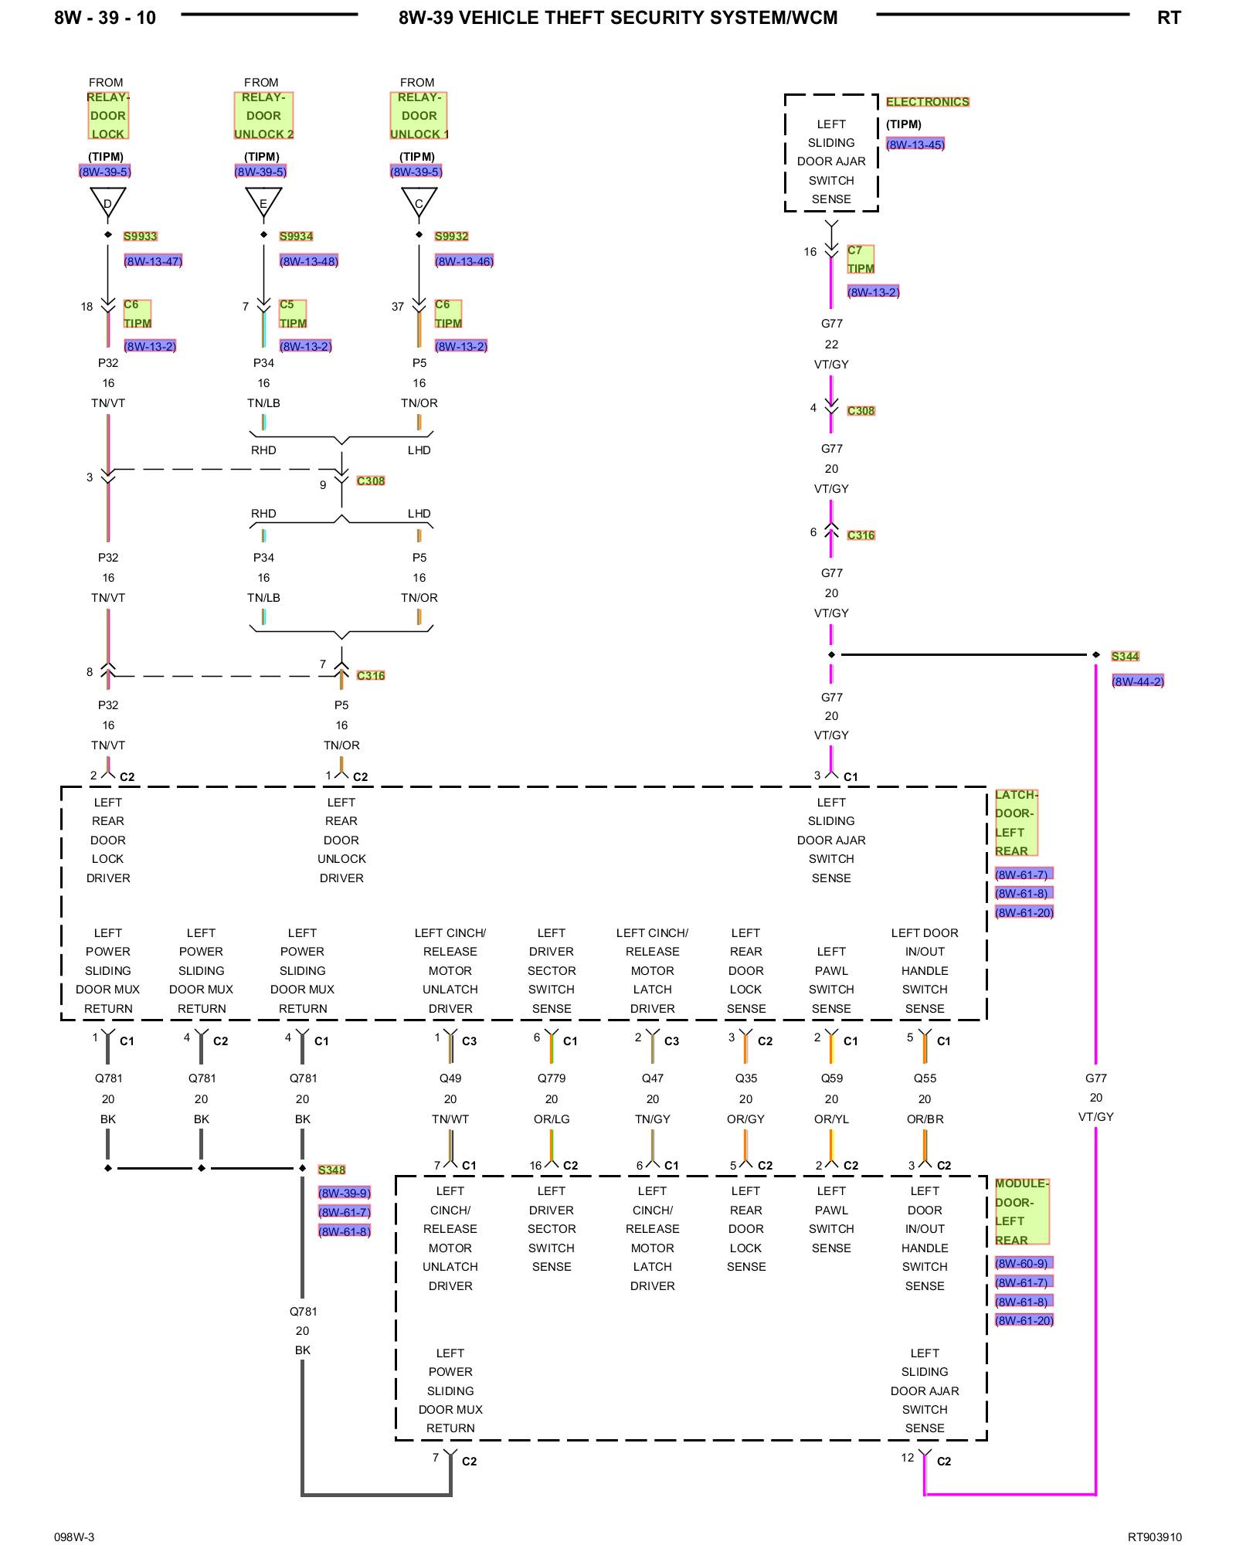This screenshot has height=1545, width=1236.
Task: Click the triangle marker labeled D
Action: pos(108,201)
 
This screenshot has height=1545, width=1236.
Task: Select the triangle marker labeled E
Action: pos(263,201)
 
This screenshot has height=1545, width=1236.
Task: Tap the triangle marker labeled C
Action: pos(419,201)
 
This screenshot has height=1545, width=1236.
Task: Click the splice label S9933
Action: pos(141,236)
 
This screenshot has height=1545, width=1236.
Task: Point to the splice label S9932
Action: pos(452,236)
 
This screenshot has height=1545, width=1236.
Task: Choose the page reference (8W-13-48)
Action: pos(309,261)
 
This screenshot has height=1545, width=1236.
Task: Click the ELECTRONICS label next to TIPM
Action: pos(928,102)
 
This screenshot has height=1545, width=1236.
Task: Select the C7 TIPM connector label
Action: pos(861,260)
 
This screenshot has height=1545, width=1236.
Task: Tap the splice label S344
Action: pos(1126,657)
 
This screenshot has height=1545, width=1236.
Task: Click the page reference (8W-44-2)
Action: pos(1138,681)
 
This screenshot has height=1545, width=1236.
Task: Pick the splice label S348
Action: pos(332,1170)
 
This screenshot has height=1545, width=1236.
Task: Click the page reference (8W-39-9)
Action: pos(345,1193)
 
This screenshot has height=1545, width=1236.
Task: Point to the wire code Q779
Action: pos(552,1078)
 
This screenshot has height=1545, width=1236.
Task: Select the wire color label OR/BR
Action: pos(925,1119)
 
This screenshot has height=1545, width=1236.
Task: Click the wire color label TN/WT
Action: pos(450,1119)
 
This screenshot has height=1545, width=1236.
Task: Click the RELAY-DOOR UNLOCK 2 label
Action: pos(264,116)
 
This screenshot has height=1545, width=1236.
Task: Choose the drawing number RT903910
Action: pos(1154,1537)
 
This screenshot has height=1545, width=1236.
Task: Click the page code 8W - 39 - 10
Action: pos(105,18)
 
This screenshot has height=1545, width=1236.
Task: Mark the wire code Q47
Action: pos(653,1078)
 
